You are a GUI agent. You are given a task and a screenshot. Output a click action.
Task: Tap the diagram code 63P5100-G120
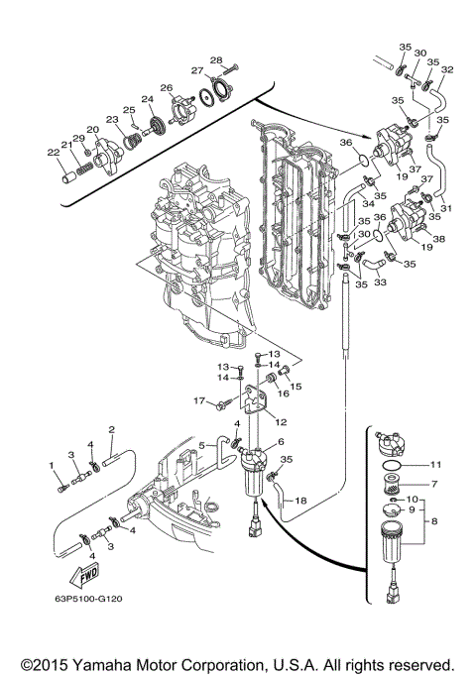(88, 599)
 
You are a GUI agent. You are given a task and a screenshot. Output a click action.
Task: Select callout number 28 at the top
(216, 60)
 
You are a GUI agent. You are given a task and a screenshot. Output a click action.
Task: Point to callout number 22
(53, 152)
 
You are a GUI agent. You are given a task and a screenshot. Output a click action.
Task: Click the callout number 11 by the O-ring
(435, 465)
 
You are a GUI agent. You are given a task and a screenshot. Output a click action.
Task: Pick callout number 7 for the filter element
(434, 484)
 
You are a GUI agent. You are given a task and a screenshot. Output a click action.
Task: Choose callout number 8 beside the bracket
(434, 521)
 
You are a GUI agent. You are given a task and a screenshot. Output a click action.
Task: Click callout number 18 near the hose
(300, 501)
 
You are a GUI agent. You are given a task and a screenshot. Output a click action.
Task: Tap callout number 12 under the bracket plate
(282, 422)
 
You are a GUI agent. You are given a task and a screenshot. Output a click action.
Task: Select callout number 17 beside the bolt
(199, 401)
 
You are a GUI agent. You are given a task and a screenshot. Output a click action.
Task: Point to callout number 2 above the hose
(112, 429)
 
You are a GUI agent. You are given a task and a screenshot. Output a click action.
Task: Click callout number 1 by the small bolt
(52, 466)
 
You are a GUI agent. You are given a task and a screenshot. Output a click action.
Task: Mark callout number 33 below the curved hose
(380, 282)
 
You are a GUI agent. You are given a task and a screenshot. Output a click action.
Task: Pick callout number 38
(439, 238)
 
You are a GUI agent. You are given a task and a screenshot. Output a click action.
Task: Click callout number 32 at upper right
(447, 69)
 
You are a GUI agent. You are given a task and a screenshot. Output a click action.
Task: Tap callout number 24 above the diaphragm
(148, 99)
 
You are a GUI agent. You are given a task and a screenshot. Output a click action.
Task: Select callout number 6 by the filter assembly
(282, 441)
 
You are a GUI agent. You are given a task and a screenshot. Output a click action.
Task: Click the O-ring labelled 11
(392, 466)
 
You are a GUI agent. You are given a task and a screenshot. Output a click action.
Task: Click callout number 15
(296, 386)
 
